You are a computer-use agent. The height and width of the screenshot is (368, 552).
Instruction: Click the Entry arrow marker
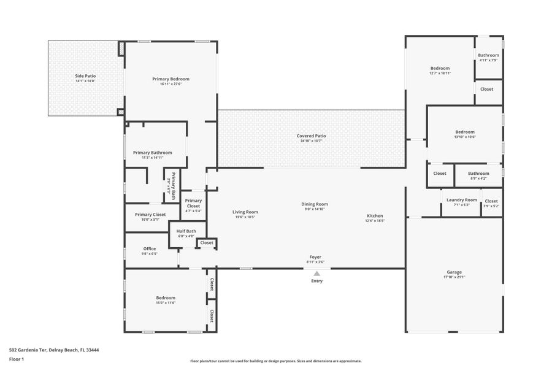tap(316, 274)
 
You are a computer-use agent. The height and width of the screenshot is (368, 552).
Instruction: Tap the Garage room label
tap(454, 272)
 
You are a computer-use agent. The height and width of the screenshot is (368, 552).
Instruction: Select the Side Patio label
tap(85, 75)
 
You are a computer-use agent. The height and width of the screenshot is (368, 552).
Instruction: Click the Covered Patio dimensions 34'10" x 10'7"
tap(311, 141)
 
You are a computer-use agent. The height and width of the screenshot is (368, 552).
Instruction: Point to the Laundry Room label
tap(461, 200)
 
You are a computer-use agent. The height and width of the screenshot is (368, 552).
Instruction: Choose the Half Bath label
tap(186, 231)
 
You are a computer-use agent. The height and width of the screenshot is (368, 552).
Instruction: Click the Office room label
tap(149, 248)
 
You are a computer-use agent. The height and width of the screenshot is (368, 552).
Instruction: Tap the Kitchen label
tap(375, 216)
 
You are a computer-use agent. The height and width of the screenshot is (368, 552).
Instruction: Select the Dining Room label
tap(314, 204)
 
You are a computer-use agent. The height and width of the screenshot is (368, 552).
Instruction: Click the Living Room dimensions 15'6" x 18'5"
tap(245, 217)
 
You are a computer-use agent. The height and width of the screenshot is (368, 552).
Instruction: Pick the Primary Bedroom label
tap(171, 79)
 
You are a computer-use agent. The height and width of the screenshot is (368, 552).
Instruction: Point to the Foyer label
tap(315, 257)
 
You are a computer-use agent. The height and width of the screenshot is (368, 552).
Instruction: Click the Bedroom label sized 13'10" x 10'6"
tap(464, 132)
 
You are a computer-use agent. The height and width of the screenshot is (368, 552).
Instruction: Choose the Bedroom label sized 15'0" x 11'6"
tap(166, 298)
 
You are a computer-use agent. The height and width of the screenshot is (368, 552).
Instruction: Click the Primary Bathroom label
tap(152, 153)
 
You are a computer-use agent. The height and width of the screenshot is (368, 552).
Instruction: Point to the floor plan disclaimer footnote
tap(275, 361)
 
